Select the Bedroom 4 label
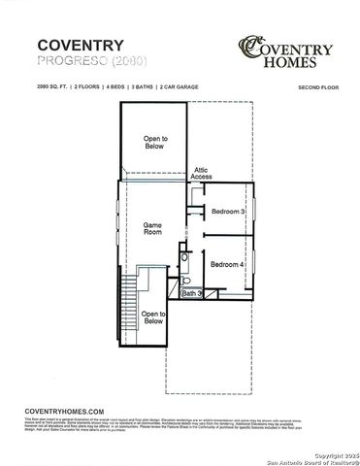[x=227, y=264]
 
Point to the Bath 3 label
[x=191, y=293]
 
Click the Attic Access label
[x=201, y=173]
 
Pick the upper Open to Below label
[x=155, y=143]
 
